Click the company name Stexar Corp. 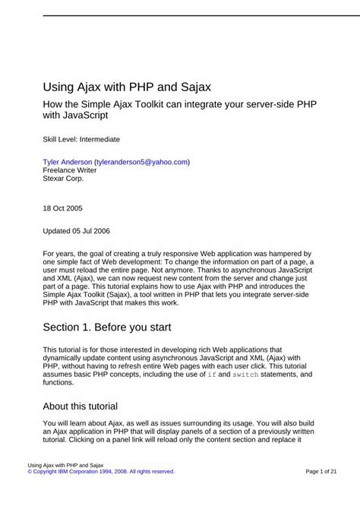pos(64,180)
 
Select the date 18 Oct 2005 pos(63,207)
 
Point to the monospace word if pos(211,375)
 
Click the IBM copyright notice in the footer pos(101,471)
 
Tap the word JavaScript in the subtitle pos(85,115)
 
